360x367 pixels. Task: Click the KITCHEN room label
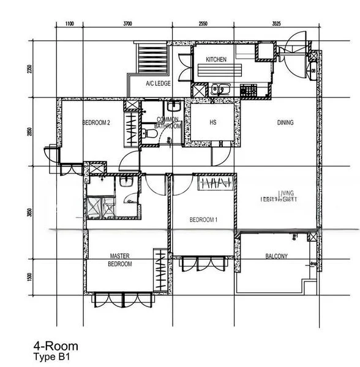pyautogui.click(x=216, y=59)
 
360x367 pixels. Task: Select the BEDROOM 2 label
pyautogui.click(x=96, y=122)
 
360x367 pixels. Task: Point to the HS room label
pyautogui.click(x=213, y=122)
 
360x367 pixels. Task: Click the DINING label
pyautogui.click(x=285, y=122)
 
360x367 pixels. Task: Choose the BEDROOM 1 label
pyautogui.click(x=203, y=220)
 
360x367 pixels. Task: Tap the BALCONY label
pyautogui.click(x=277, y=256)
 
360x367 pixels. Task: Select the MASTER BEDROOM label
pyautogui.click(x=121, y=260)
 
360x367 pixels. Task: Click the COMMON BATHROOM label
pyautogui.click(x=168, y=122)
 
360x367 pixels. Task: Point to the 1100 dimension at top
pyautogui.click(x=69, y=24)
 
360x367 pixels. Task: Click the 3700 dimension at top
pyautogui.click(x=127, y=24)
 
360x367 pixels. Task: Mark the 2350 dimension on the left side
pyautogui.click(x=29, y=69)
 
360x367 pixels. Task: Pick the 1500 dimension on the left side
pyautogui.click(x=29, y=276)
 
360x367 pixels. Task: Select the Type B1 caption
pyautogui.click(x=53, y=356)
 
